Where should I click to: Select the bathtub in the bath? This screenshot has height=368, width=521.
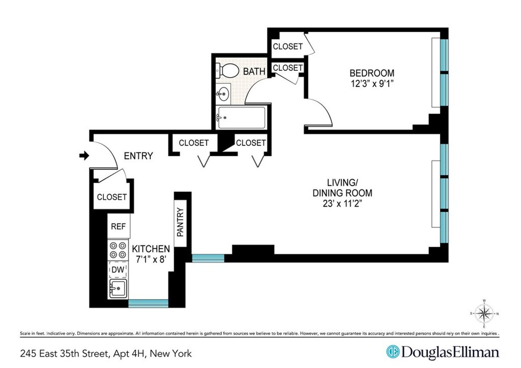coord(241,117)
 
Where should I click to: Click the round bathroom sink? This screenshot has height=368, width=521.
coord(224,92)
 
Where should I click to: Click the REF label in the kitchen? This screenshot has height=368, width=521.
coord(118,227)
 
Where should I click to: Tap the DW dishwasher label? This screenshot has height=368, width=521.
coord(118,270)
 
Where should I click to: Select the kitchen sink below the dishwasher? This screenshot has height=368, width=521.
coord(118,288)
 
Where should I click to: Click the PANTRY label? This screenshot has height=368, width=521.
coord(181,222)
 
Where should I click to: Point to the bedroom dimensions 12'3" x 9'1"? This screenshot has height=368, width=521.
coord(372,84)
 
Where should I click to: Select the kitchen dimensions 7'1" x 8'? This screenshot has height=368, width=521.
coord(151,260)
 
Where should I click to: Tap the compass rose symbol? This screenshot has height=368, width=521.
coord(485,313)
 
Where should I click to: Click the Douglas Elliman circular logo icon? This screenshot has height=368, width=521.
coord(393,352)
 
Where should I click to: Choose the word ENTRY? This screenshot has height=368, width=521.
coord(138,156)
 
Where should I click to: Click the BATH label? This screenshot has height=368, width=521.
coord(254,71)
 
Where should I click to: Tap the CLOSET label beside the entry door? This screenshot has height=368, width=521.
coord(112,197)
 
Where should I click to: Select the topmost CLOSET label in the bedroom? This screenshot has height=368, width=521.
coord(287,46)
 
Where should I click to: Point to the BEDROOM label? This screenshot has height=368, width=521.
coord(372,73)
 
